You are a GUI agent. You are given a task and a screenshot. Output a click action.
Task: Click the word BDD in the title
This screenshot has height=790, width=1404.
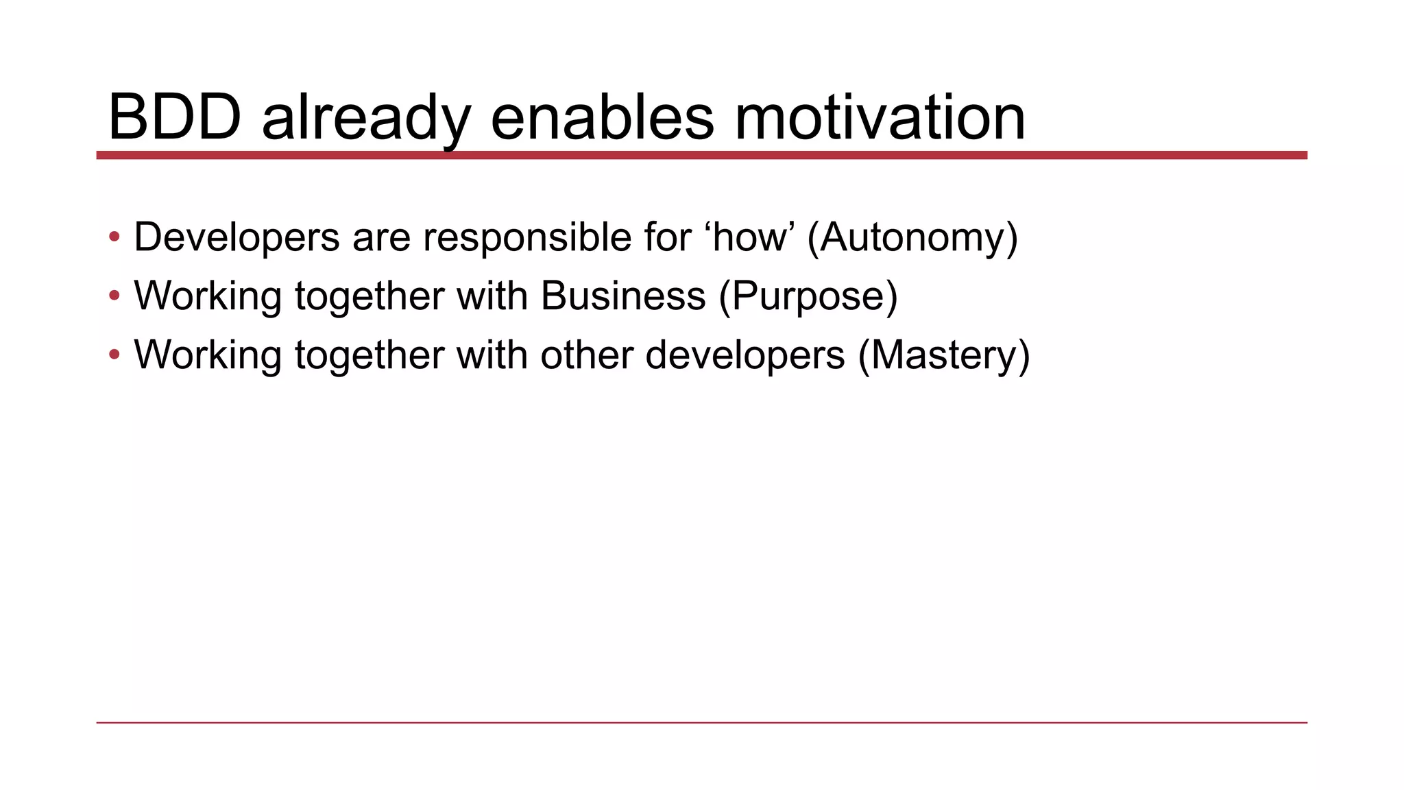(x=175, y=117)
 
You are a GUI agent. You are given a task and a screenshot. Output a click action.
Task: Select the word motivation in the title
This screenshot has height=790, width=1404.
(x=880, y=117)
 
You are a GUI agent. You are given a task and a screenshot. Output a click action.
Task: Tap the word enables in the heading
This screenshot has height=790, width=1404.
(x=603, y=117)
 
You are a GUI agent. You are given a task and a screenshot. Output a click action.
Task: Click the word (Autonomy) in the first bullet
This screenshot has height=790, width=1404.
(x=912, y=237)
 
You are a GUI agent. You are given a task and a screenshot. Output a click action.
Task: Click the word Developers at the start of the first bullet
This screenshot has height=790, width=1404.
(x=237, y=237)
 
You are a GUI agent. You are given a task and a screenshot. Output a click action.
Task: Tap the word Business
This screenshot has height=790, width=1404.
(x=623, y=296)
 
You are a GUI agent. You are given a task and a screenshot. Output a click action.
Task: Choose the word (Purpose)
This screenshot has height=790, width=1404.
(x=808, y=296)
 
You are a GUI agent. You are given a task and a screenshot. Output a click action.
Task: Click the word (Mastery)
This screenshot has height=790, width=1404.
(x=944, y=355)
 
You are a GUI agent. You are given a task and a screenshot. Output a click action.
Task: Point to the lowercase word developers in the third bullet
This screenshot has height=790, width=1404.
(x=745, y=355)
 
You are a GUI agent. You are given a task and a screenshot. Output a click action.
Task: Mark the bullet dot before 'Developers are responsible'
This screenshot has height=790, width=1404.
(x=114, y=237)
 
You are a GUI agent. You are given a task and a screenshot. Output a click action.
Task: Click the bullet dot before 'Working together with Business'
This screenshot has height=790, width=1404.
(x=114, y=296)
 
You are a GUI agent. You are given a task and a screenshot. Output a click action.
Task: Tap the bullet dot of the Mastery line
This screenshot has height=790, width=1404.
(x=114, y=355)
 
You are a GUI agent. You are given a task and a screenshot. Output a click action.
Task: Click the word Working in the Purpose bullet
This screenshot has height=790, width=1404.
(x=208, y=296)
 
